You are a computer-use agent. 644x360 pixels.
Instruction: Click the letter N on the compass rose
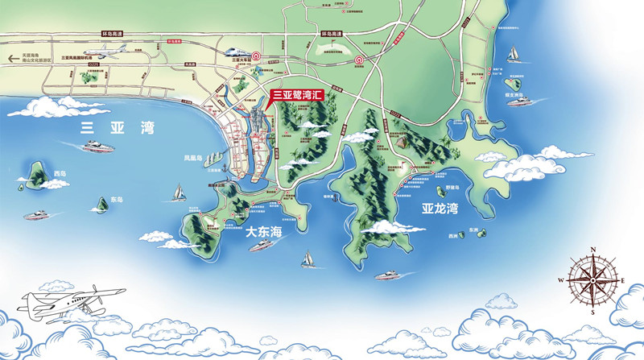tap(592, 250)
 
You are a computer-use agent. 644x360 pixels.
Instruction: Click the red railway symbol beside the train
tap(256, 56)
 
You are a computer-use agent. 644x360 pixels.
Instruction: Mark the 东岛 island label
tap(117, 199)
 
